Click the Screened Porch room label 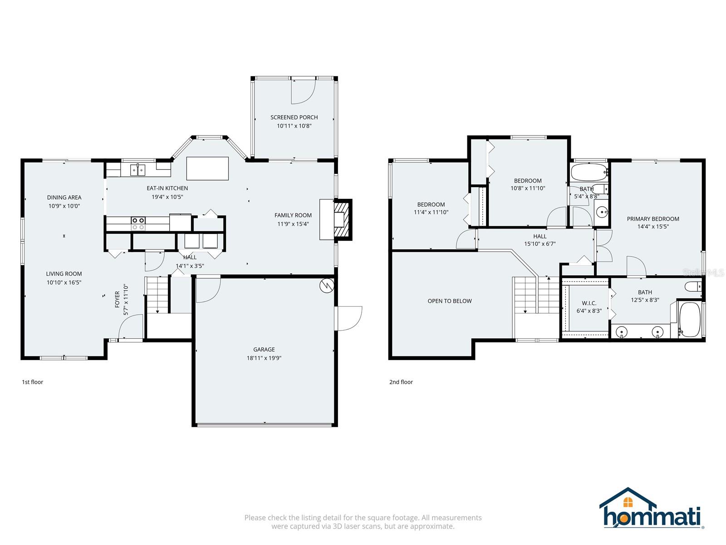point(294,117)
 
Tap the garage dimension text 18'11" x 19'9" point(264,358)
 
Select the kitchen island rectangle point(207,168)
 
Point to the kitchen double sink point(137,170)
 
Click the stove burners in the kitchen point(138,223)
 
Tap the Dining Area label point(64,197)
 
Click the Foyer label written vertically point(118,299)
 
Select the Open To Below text point(450,301)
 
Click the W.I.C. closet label point(589,303)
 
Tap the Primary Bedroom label point(653,218)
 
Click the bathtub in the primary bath point(689,320)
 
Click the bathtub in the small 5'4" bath point(589,173)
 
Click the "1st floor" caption point(32,382)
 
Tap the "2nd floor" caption point(401,382)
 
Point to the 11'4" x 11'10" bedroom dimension point(431,212)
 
